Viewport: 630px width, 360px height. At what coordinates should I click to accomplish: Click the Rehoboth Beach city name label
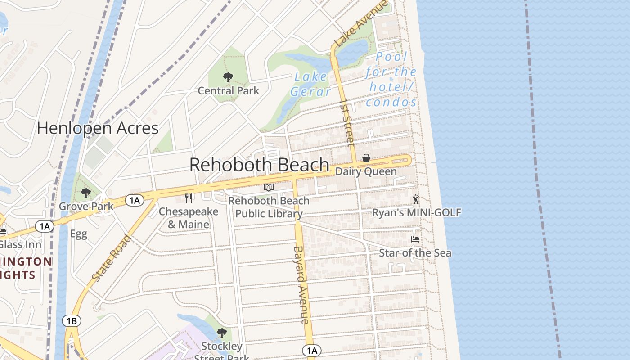259,165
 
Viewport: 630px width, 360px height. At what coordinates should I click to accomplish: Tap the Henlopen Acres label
98,128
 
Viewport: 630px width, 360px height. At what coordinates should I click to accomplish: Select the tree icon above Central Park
228,77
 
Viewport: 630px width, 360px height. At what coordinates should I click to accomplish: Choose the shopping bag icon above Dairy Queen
366,158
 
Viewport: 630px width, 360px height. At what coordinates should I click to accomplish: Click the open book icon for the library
269,187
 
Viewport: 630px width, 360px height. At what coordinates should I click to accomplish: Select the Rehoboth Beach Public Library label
269,207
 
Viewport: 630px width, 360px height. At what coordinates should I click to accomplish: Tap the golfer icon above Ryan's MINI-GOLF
416,199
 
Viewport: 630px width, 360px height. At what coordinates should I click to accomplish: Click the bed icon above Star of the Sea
415,239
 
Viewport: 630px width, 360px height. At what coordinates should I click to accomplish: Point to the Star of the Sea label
415,253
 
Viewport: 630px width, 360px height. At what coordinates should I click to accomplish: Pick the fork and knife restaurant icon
189,198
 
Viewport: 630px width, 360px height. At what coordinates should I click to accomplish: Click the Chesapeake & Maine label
189,218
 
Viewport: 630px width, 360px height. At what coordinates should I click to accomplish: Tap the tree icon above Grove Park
85,193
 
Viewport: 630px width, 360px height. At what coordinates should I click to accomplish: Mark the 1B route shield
72,321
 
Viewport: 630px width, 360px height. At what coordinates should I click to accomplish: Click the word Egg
78,234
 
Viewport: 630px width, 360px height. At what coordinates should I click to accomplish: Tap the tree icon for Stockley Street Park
221,333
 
